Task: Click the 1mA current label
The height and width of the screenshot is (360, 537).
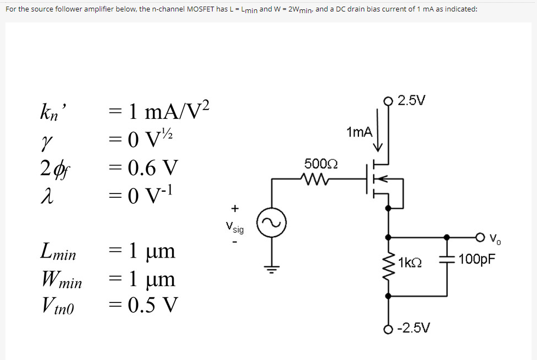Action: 359,132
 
